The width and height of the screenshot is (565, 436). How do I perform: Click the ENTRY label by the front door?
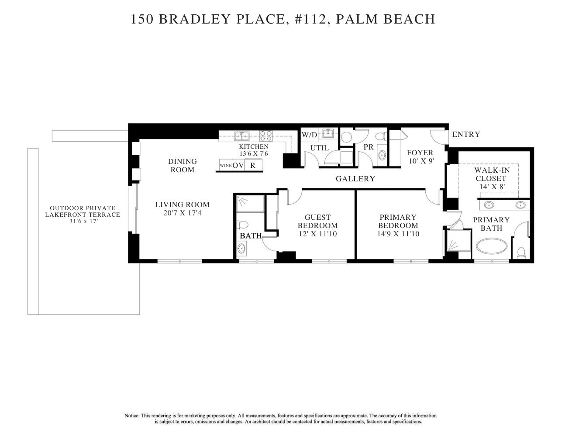coord(466,134)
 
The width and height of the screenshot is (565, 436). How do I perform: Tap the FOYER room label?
coord(420,153)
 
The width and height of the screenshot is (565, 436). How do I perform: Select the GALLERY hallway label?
coord(355,179)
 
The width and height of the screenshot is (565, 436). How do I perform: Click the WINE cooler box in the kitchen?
coord(225,166)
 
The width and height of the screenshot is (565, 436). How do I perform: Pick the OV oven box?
coord(238,166)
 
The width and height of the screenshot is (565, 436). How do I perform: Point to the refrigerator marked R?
coord(253,166)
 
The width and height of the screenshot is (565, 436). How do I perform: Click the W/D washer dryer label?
coord(309,135)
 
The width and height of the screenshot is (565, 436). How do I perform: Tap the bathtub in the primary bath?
coord(492,247)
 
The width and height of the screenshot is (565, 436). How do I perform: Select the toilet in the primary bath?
coord(521,252)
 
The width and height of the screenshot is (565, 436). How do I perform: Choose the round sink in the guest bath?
coord(241,249)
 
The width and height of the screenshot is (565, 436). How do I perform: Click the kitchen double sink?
coord(241,135)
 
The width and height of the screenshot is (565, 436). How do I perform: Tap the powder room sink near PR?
coord(382,155)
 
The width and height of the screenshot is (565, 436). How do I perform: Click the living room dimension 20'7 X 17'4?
coord(183,213)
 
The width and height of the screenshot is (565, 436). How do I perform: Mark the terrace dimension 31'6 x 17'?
coord(83,221)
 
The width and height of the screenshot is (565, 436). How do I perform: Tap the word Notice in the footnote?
coord(132,416)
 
